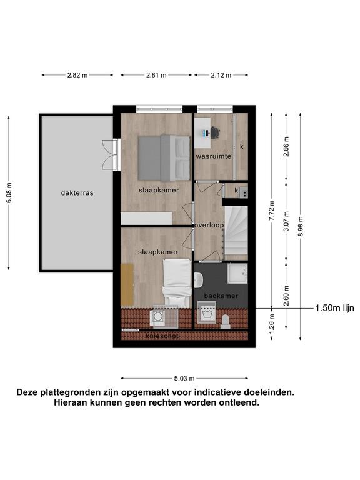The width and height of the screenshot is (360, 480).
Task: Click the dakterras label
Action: click(x=77, y=193)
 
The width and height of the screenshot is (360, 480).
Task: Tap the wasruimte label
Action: click(x=214, y=156)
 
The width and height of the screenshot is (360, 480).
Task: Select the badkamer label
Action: click(x=221, y=296)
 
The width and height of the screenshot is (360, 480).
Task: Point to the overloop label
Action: click(x=210, y=225)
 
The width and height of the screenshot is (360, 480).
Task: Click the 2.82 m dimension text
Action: click(x=77, y=75)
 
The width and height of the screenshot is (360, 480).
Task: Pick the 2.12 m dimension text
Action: click(x=221, y=75)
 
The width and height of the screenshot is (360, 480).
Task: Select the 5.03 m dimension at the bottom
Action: click(x=184, y=379)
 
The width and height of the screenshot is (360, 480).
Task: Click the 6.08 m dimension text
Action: click(x=9, y=193)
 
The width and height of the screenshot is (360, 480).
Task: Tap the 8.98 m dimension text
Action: click(x=301, y=226)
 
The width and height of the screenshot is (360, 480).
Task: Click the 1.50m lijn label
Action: click(x=334, y=308)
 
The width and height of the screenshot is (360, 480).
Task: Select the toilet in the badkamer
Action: click(x=226, y=322)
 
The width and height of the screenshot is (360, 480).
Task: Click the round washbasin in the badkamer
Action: click(x=198, y=281)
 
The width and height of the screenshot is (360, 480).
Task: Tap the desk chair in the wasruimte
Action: click(x=216, y=132)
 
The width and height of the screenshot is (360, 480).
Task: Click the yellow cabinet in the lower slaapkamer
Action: click(x=127, y=285)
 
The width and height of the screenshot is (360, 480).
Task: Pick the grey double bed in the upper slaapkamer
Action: click(x=164, y=157)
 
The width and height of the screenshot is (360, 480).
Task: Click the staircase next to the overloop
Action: click(x=236, y=230)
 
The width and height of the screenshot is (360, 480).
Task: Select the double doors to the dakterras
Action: click(x=111, y=154)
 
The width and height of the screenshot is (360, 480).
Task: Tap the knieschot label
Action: click(x=162, y=336)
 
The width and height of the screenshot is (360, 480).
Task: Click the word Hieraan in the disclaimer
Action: click(x=69, y=402)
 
